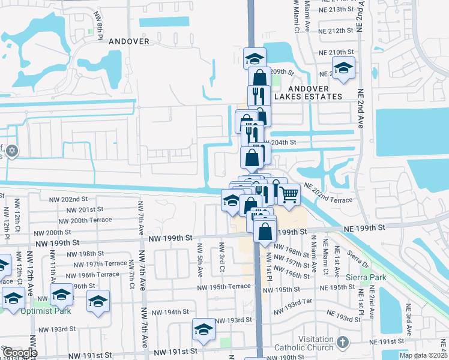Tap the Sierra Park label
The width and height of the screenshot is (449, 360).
[x=366, y=277]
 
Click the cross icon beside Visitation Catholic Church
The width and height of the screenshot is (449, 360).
[x=342, y=343]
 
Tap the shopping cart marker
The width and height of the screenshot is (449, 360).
[x=289, y=194]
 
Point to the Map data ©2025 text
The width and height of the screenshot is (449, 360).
[x=424, y=355]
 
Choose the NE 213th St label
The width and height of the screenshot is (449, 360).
[x=337, y=10]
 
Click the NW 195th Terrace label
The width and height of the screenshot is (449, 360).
[x=224, y=287]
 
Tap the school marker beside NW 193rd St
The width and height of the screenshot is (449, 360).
[x=204, y=329]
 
